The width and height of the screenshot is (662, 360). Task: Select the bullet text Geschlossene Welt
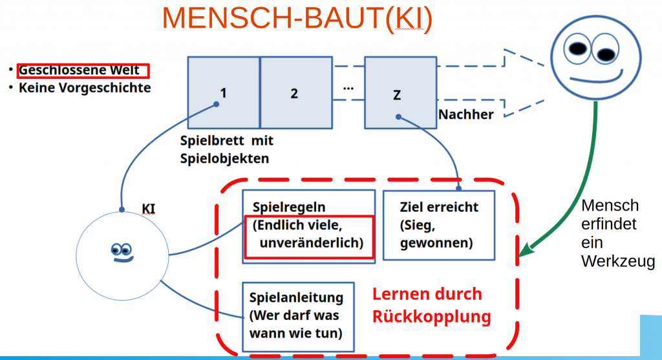(x=83, y=70)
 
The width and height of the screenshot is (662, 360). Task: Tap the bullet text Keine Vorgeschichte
(x=84, y=87)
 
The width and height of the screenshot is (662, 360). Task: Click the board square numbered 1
(x=223, y=92)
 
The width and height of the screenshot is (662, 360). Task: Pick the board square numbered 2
(x=294, y=92)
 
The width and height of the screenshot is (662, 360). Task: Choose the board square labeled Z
(x=396, y=92)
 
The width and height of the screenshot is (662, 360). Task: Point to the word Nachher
(x=466, y=114)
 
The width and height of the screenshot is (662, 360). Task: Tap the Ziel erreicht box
(x=439, y=224)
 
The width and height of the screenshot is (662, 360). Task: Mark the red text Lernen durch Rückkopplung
(x=431, y=305)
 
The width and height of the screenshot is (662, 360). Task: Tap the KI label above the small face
(x=148, y=208)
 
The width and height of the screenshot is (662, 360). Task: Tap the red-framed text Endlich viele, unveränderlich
(x=309, y=235)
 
